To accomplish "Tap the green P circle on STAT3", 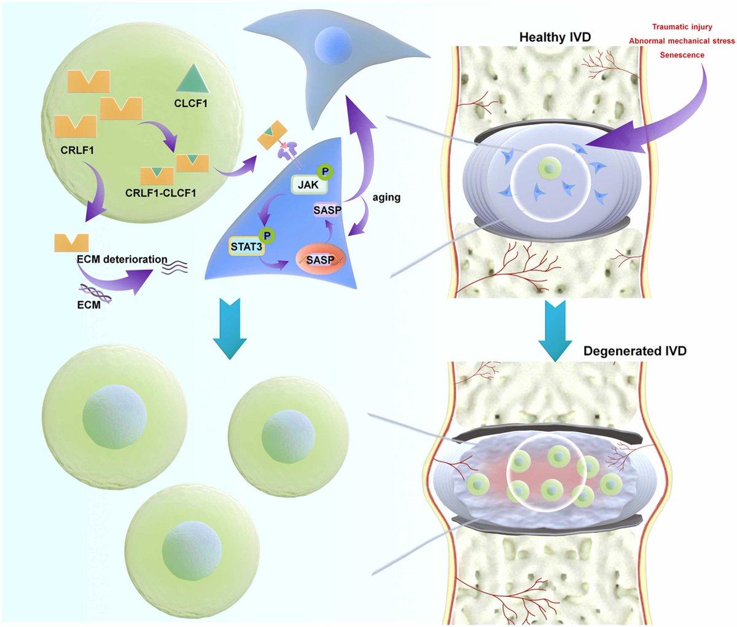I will [x=267, y=235].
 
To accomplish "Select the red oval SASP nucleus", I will [x=320, y=259].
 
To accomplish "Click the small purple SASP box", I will [x=327, y=210].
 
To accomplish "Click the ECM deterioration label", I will [x=126, y=259].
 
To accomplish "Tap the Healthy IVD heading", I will [x=555, y=37].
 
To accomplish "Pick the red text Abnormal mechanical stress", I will [x=681, y=41].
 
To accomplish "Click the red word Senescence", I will [x=682, y=55].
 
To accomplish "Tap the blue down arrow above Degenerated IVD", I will [x=555, y=330].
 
